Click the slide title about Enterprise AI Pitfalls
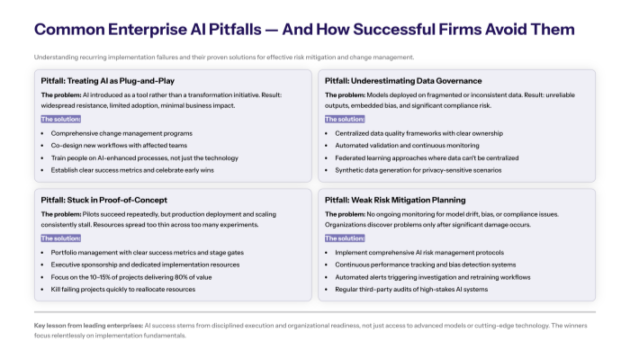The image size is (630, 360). (304, 30)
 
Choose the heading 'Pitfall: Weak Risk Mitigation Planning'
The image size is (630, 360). (395, 199)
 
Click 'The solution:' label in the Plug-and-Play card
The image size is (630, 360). (60, 119)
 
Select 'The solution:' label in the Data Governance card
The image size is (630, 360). (344, 119)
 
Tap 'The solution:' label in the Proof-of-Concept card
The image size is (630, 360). (60, 238)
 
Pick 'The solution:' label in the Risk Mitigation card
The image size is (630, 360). (344, 238)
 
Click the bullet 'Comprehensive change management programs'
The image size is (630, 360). (114, 133)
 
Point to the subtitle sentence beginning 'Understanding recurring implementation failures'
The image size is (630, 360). (224, 57)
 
